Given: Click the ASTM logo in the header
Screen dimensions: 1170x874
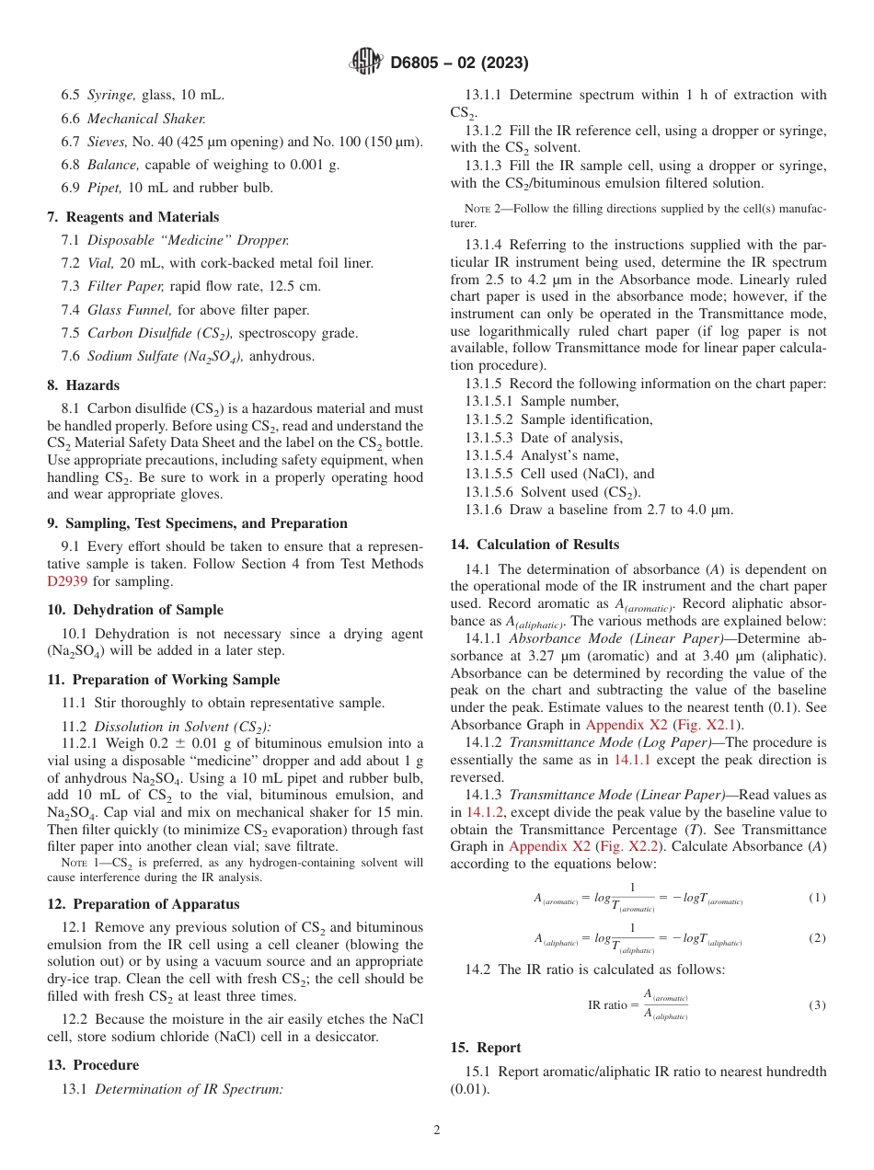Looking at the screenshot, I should pos(366,63).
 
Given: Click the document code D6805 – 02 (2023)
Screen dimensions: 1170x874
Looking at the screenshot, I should pos(459,63).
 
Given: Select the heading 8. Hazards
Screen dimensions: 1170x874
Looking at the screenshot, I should pos(83,385).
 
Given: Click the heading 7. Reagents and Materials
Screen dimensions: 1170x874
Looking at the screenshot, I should pos(132,217).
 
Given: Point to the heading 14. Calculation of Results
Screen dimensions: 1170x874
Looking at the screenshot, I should pos(535,544).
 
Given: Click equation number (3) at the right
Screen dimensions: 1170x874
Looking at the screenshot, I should pos(817,1005).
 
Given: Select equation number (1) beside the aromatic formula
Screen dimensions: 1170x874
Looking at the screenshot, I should pos(817,898).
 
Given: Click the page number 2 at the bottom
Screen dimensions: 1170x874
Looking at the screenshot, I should pos(437,1130).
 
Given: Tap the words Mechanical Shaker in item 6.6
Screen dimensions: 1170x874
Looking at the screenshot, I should pos(146,118).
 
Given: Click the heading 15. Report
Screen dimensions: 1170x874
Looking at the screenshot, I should pos(485,1048).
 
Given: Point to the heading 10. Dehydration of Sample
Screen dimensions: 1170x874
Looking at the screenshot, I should pos(135,610).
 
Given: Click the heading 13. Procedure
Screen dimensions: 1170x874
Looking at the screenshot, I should pos(93,1065).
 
